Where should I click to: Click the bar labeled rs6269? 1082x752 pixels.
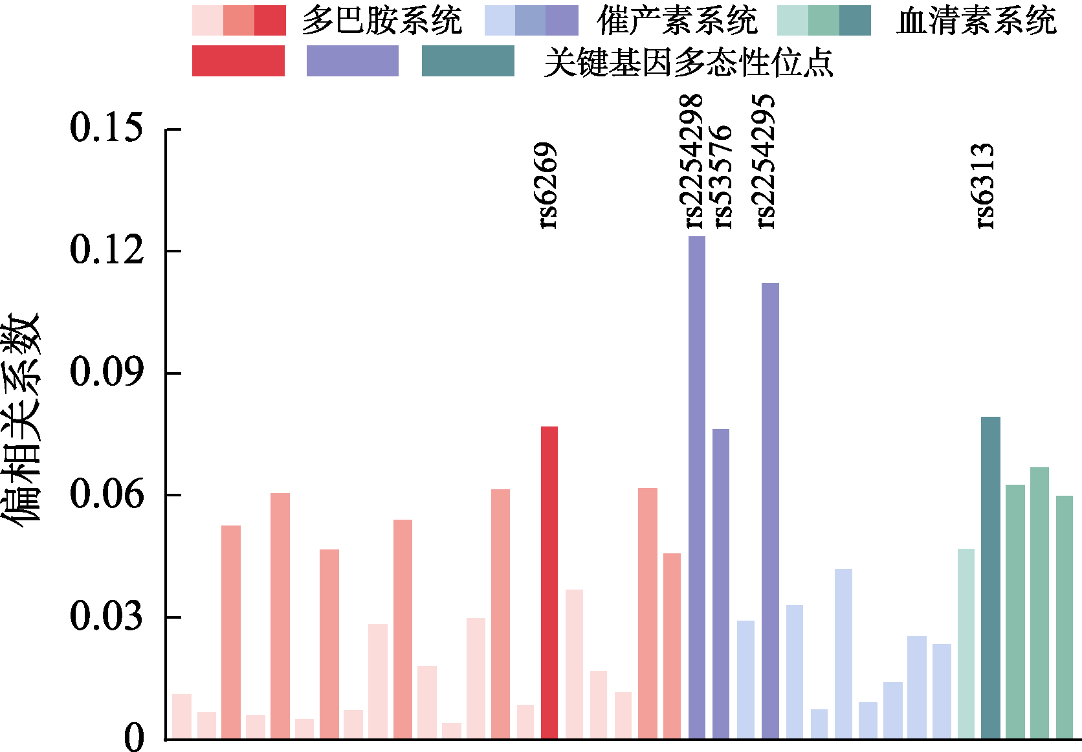click(549, 582)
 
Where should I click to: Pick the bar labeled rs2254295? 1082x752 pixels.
click(770, 511)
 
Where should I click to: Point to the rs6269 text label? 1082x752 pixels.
click(547, 186)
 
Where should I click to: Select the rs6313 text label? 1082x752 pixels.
click(984, 186)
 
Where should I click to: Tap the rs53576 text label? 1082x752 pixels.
click(722, 177)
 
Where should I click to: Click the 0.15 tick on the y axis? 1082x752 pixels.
click(106, 127)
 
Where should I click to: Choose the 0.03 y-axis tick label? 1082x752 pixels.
click(106, 616)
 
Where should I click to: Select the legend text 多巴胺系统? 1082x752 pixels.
click(382, 21)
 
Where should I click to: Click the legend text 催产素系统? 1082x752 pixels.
click(677, 21)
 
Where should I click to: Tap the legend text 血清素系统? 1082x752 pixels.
click(976, 21)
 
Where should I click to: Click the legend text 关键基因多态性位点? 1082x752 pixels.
click(689, 62)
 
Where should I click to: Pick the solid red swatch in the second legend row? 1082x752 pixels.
click(238, 61)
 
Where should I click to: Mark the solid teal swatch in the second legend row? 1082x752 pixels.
click(468, 61)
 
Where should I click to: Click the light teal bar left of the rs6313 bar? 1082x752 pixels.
click(966, 643)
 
